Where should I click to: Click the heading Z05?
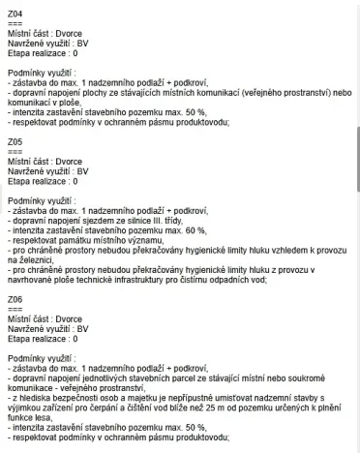click(14, 141)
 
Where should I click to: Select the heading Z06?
click(14, 300)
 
